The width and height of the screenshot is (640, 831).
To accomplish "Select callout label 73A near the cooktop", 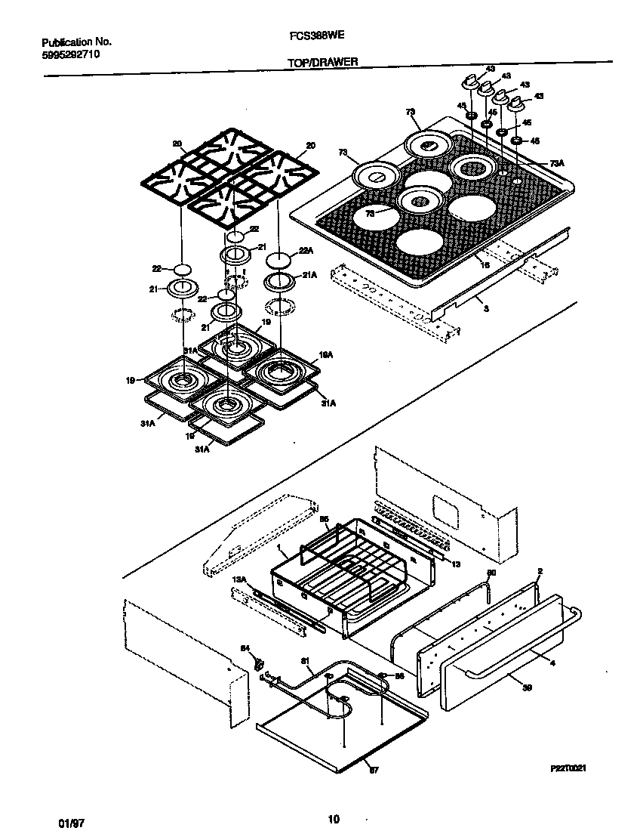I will point(556,163).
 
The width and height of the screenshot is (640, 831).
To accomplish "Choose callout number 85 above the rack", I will point(325,520).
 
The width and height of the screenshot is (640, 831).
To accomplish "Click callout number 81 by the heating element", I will point(306,662).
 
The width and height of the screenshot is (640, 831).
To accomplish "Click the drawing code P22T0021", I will point(568,768).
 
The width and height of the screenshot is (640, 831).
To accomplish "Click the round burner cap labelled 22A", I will point(279,261).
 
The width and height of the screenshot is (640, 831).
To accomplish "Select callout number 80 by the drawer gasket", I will point(491,573).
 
